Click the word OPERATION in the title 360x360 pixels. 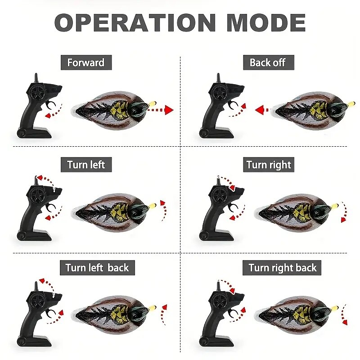pos(135,22)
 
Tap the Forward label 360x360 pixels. pos(86,63)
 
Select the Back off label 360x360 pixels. pos(268,63)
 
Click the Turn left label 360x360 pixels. pos(86,165)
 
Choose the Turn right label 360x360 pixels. pos(268,165)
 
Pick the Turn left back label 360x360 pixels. pos(97,268)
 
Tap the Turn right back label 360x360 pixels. pos(282,268)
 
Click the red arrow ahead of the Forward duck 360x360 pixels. pos(160,110)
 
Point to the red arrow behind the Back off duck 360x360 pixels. pos(262,110)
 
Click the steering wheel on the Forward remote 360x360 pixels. pos(36,92)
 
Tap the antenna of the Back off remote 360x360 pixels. pos(218,78)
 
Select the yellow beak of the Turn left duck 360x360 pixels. pos(153,206)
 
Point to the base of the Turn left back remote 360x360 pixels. pos(35,342)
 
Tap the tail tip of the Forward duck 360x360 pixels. pos(77,112)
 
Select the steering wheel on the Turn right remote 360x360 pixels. pos(218,195)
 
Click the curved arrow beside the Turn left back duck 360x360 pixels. pos(163,314)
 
